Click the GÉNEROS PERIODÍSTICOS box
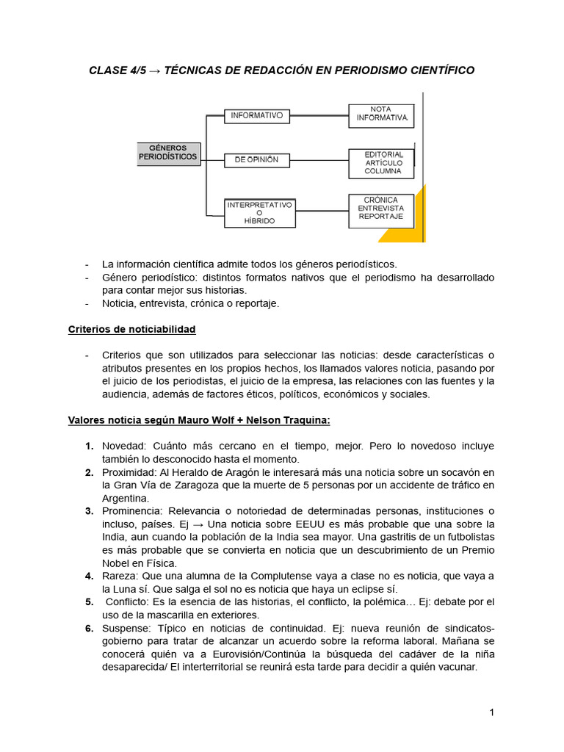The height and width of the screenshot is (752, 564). click(x=168, y=153)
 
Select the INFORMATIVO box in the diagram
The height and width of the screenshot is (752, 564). click(x=257, y=116)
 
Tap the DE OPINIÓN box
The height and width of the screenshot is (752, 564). click(x=257, y=160)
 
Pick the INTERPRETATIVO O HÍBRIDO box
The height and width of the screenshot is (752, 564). click(x=259, y=212)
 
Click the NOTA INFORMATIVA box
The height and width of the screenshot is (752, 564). click(x=381, y=114)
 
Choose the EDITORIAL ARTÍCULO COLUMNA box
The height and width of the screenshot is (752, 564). click(x=382, y=163)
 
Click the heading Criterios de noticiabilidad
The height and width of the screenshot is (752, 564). click(x=131, y=329)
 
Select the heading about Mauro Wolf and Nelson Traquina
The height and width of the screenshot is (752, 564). click(x=199, y=420)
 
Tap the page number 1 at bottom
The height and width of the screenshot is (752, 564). click(x=492, y=712)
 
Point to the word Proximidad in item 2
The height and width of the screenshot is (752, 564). click(x=127, y=471)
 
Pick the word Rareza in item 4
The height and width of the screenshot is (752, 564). click(x=118, y=576)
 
